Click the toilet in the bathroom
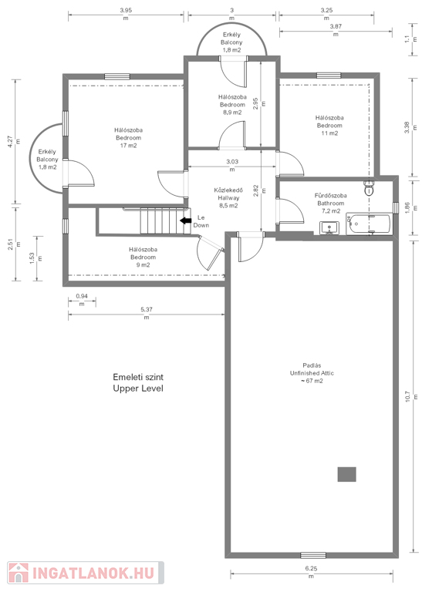click(369, 187)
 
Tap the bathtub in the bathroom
click(370, 224)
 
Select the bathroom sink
click(329, 228)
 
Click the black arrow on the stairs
click(185, 221)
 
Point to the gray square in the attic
click(347, 474)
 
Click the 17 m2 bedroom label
click(128, 138)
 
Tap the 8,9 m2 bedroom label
click(232, 105)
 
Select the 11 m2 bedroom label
click(329, 126)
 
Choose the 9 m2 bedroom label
click(143, 257)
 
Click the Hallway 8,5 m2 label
click(228, 198)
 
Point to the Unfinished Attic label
click(312, 373)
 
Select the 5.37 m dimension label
click(147, 314)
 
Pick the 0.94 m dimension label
click(82, 300)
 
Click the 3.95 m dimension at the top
click(126, 14)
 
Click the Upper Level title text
click(138, 388)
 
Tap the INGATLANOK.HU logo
click(86, 573)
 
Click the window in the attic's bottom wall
click(313, 555)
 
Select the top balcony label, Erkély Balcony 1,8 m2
click(231, 42)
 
